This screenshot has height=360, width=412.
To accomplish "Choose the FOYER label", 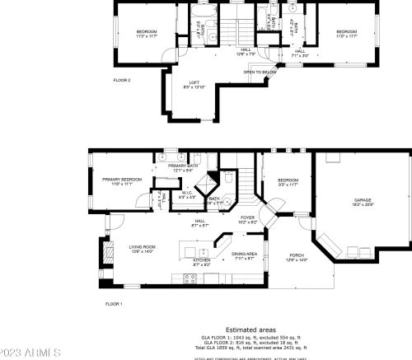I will [x=247, y=219].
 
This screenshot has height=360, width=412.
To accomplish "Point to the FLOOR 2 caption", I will [x=122, y=80].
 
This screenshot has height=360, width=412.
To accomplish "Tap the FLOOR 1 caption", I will [x=113, y=304].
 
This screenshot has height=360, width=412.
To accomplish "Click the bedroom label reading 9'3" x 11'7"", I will [x=288, y=183].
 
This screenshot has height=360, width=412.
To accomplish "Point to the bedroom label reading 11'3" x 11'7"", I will [x=146, y=34].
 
